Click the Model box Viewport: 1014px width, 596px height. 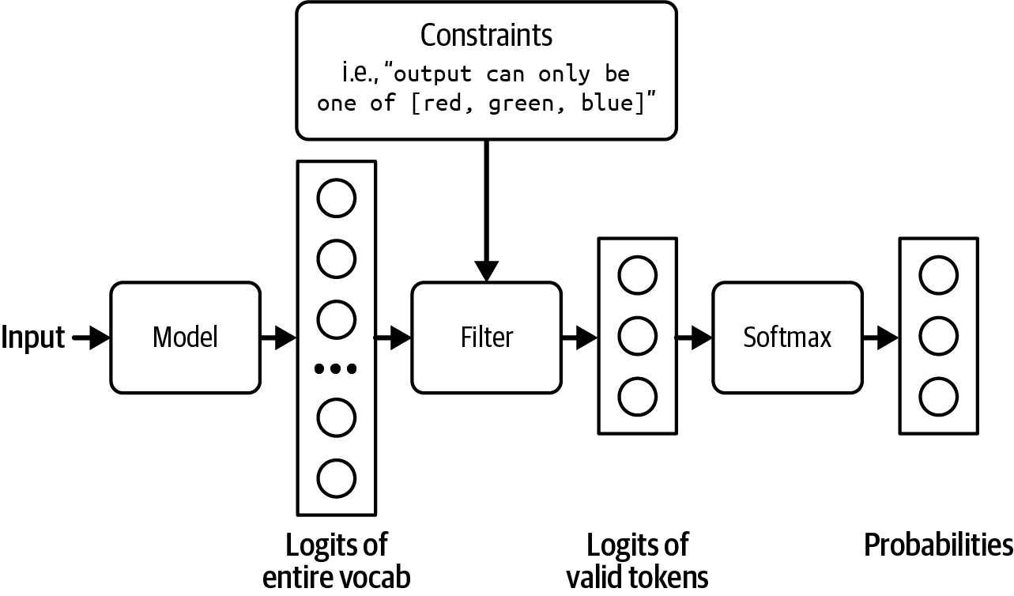pyautogui.click(x=185, y=338)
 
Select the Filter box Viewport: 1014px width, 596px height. pyautogui.click(x=486, y=338)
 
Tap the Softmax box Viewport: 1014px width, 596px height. pyautogui.click(x=787, y=338)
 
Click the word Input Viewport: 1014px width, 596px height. pyautogui.click(x=33, y=338)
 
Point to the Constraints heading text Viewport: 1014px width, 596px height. pyautogui.click(x=486, y=36)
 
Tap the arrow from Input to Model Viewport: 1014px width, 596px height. pyautogui.click(x=91, y=338)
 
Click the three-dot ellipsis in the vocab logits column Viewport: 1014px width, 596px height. pyautogui.click(x=336, y=368)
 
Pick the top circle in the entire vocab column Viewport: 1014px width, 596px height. pyautogui.click(x=336, y=198)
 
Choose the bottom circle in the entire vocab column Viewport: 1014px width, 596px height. pyautogui.click(x=336, y=477)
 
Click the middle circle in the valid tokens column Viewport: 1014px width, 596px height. pyautogui.click(x=637, y=337)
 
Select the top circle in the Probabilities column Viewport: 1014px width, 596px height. pyautogui.click(x=938, y=275)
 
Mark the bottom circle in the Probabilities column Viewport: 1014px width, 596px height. pyautogui.click(x=938, y=396)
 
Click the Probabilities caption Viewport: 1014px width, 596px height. pyautogui.click(x=938, y=545)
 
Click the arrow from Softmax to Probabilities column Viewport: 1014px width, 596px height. pyautogui.click(x=880, y=338)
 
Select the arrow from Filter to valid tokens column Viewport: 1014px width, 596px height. pyautogui.click(x=579, y=338)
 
